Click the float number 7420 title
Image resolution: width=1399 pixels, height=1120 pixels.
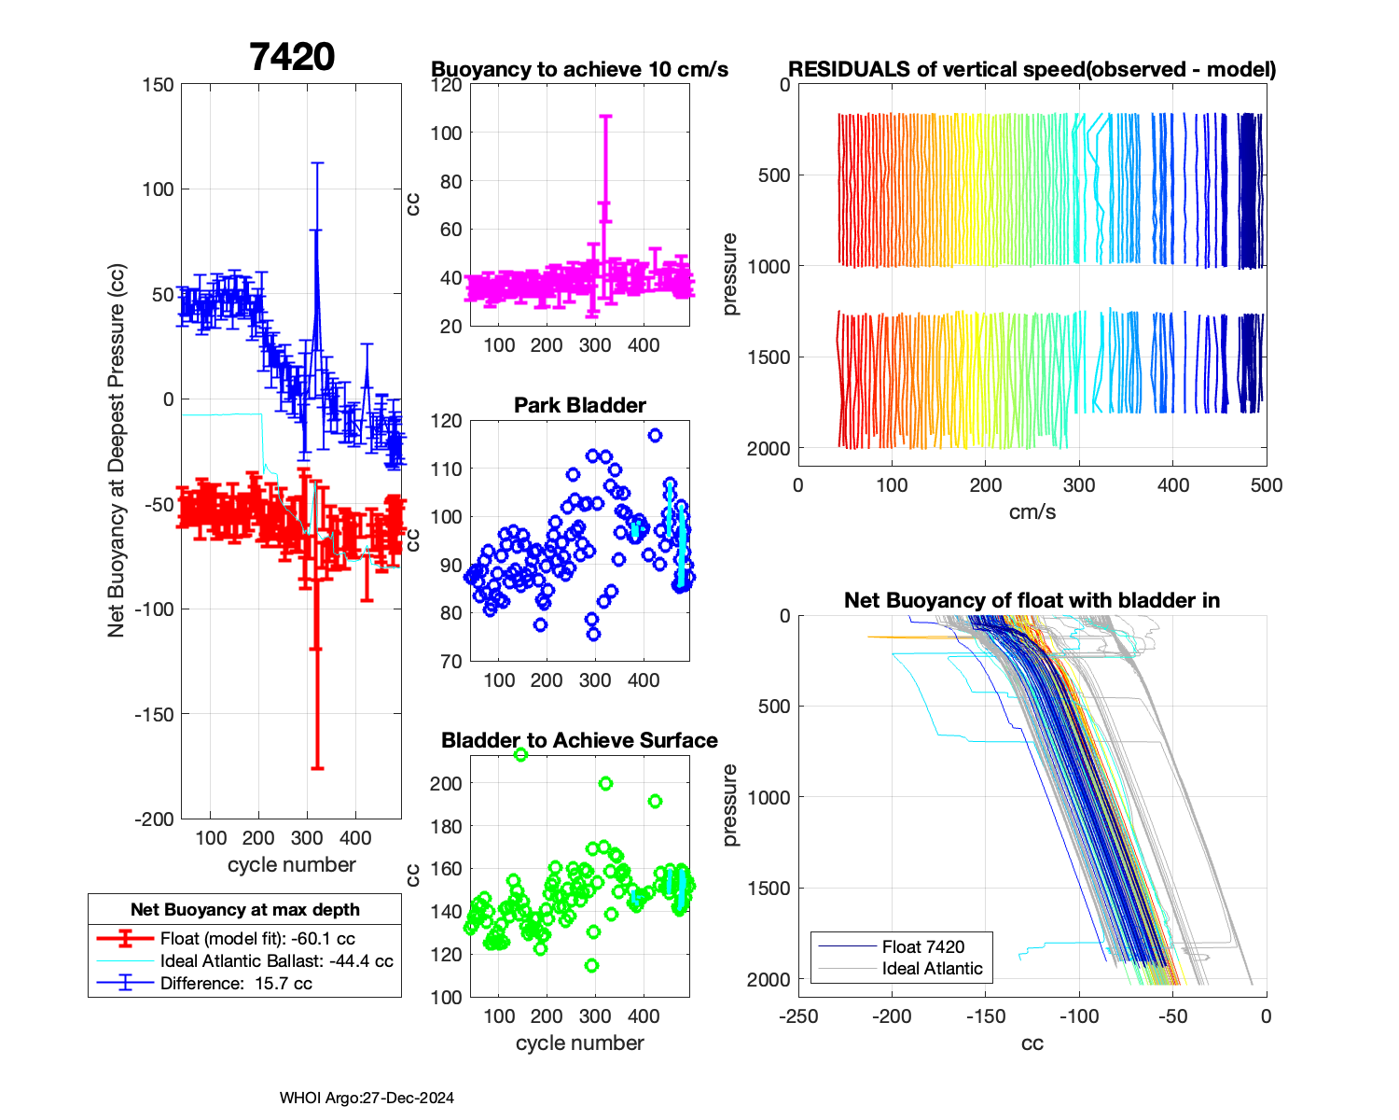click(x=292, y=58)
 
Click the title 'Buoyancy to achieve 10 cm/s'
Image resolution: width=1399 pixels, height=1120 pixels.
click(x=579, y=70)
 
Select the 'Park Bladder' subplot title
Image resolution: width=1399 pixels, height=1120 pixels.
click(x=579, y=405)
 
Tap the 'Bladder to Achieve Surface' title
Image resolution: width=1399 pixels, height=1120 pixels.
click(x=579, y=740)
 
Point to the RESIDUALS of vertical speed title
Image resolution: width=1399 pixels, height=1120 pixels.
click(x=1032, y=70)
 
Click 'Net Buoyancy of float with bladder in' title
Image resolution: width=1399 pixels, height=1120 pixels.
click(x=1032, y=600)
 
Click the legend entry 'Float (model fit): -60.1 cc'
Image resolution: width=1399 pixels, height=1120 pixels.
click(x=257, y=939)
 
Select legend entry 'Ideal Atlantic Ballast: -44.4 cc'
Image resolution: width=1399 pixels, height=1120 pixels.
click(x=276, y=961)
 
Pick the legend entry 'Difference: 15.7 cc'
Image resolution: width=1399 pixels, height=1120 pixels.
click(x=236, y=984)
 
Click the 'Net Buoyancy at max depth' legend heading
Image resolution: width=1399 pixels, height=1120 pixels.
click(x=244, y=909)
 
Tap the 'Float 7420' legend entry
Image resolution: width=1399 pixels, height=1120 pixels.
click(x=922, y=946)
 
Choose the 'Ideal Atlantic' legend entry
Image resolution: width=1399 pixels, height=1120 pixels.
click(x=932, y=969)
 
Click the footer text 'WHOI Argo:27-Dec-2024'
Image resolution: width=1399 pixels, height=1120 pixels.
click(x=367, y=1098)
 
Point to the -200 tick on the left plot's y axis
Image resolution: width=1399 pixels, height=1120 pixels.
click(x=155, y=819)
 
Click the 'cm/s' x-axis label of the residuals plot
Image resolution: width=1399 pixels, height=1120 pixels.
click(x=1032, y=511)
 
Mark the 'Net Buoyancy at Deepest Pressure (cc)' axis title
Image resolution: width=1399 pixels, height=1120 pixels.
click(x=117, y=451)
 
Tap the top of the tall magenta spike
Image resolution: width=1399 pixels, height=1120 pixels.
click(x=605, y=117)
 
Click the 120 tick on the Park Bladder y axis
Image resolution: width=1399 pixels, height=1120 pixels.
click(x=446, y=421)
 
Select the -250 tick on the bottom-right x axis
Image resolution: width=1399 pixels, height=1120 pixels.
click(x=798, y=1016)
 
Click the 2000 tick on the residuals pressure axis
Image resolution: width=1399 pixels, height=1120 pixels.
click(x=769, y=449)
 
